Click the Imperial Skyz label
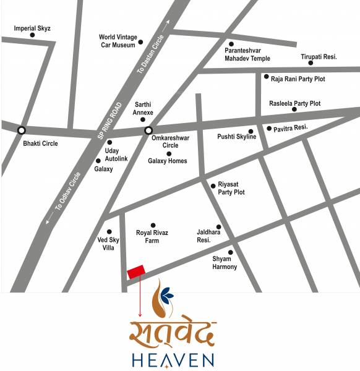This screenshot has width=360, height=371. pos(32,28)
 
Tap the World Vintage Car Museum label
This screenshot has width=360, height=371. pos(118,41)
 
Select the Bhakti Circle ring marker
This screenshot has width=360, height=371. pos(22,130)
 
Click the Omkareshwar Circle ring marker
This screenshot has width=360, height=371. pos(148,130)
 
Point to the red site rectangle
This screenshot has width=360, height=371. pos(136,271)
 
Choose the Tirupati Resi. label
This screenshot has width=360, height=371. pos(319,56)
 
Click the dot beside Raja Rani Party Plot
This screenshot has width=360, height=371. pos(266,77)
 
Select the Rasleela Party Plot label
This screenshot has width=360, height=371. pos(294,103)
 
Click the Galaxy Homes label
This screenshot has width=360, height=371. pos(167,161)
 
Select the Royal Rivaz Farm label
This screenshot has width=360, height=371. pos(152,236)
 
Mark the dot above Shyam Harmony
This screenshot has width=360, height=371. pos(231,252)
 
